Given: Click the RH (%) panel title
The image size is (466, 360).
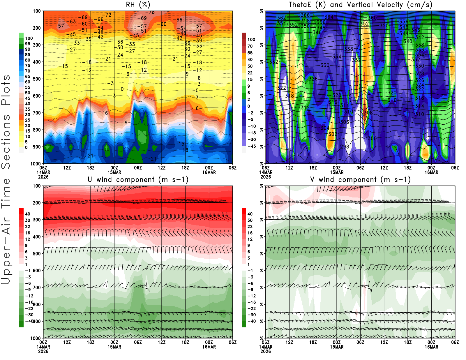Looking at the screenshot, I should [138, 5].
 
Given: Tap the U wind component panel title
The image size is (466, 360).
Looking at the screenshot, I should [138, 179].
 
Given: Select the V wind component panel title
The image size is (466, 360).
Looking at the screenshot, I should [360, 179].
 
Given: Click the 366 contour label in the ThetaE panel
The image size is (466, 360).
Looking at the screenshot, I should [305, 15].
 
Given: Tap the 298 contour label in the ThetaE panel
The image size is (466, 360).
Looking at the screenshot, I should [345, 147].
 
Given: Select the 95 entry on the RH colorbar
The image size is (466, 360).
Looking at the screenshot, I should [27, 44].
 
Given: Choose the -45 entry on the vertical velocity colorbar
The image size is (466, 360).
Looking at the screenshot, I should [251, 146].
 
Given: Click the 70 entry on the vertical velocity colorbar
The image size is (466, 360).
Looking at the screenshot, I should [250, 46].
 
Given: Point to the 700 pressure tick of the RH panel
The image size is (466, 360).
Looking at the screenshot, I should [37, 113].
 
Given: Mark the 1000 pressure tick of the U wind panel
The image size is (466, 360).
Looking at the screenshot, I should [36, 338].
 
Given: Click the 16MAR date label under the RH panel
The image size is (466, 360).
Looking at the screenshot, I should [209, 172].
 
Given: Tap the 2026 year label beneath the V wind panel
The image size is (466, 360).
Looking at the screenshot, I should [266, 351].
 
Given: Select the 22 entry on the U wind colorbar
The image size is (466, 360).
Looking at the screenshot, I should [27, 227].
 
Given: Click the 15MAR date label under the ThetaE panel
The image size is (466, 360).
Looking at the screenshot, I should [337, 172].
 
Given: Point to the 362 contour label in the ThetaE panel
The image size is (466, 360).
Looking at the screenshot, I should [281, 18].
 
